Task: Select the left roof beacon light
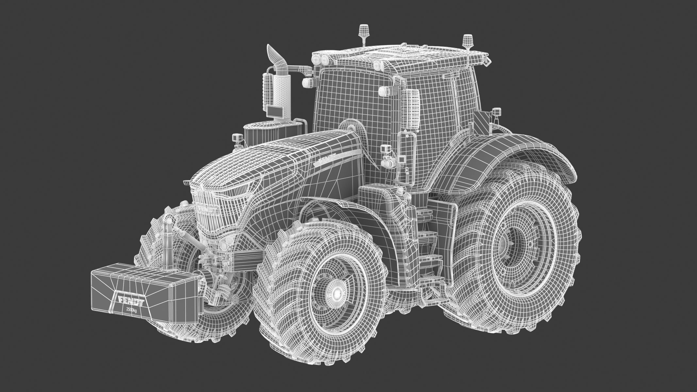[x=363, y=31]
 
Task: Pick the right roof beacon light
[x=467, y=41]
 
